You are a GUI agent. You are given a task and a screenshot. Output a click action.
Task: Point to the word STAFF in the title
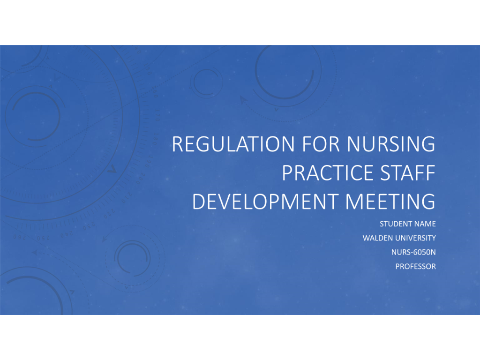(408, 173)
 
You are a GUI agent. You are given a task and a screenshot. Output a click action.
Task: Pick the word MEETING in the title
(390, 202)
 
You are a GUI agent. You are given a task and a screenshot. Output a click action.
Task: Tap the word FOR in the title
(321, 144)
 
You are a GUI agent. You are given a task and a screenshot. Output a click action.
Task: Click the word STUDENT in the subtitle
(393, 224)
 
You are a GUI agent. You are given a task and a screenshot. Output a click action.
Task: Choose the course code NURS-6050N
(413, 252)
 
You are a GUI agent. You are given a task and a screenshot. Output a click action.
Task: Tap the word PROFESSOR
(415, 266)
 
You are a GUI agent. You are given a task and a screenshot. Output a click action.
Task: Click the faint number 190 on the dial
(149, 162)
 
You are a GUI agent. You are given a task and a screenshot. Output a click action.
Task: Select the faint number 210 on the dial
(127, 198)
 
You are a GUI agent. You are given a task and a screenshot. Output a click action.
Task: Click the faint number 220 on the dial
(109, 214)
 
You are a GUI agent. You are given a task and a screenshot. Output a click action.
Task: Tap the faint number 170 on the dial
(157, 115)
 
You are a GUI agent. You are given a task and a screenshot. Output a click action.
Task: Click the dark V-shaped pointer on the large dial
(112, 169)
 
